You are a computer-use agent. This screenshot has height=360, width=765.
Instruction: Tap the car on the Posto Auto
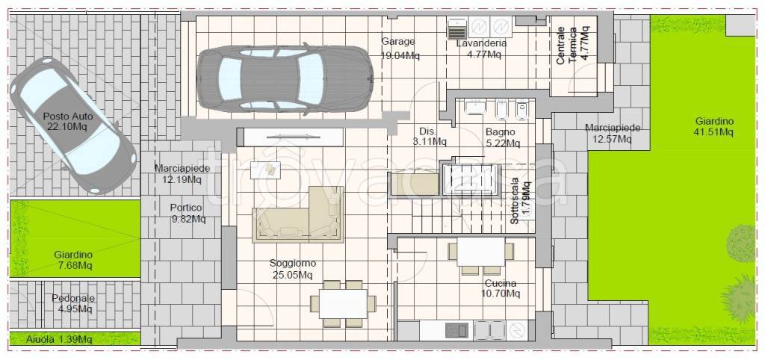coord(73,125)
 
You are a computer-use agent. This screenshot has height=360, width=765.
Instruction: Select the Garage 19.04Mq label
coord(400,49)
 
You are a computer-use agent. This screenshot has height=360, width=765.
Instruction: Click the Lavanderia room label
coord(481,49)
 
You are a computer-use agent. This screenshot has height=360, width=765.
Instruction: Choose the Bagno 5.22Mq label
coord(503,137)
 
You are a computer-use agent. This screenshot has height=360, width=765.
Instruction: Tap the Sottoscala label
coord(520,202)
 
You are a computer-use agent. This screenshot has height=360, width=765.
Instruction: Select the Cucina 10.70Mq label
coord(502,288)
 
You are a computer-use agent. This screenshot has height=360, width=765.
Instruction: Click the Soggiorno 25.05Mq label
coord(293,269)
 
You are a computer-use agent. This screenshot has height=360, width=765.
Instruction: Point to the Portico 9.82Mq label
coord(188,213)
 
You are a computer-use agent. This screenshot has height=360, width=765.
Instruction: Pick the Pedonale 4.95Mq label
coord(73,303)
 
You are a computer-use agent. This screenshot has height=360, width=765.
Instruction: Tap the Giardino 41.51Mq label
coord(715,126)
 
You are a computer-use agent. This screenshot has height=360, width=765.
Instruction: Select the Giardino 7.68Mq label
coord(73,260)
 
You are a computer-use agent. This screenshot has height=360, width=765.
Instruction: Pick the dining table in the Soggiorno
coord(344,303)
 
